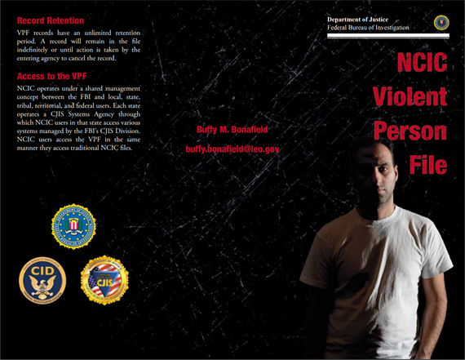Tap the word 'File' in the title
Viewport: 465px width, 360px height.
tap(427, 165)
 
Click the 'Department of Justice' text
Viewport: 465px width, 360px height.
tap(358, 18)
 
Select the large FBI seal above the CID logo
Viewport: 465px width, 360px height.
tap(73, 226)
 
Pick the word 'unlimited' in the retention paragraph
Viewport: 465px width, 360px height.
tap(91, 31)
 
